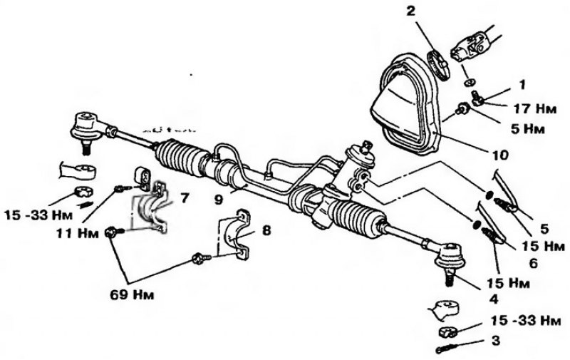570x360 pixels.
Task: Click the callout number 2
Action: pos(410,11)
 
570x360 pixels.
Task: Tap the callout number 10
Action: pos(500,155)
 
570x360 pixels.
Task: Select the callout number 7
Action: pos(185,198)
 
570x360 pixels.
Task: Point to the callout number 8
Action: pos(266,230)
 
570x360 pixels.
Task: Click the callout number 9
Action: pos(218,200)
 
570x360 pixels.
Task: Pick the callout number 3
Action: pos(495,341)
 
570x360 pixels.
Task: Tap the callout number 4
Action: pos(493,299)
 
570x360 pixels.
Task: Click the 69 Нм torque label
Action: pos(132,294)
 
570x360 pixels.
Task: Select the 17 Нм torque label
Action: pos(535,108)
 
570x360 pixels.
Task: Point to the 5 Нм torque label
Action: pos(528,129)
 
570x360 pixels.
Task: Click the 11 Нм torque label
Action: pos(77,233)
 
